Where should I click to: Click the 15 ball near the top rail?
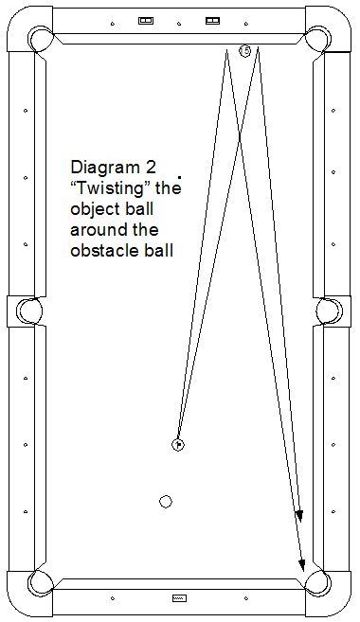tap(245, 51)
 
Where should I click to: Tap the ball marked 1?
tap(178, 445)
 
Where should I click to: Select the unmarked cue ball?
tap(166, 502)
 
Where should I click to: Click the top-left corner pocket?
tap(40, 39)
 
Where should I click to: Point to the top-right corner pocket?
tap(318, 39)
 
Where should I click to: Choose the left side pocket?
tap(29, 311)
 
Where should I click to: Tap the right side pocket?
tap(330, 311)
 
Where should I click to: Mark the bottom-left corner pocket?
tap(40, 583)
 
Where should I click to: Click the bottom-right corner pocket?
tap(318, 583)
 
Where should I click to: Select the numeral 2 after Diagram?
tap(151, 167)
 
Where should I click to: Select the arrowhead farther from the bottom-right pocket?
tap(299, 516)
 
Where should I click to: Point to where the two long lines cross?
tap(240, 137)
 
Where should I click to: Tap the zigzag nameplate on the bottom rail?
tap(179, 597)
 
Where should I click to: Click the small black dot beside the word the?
tap(180, 176)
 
